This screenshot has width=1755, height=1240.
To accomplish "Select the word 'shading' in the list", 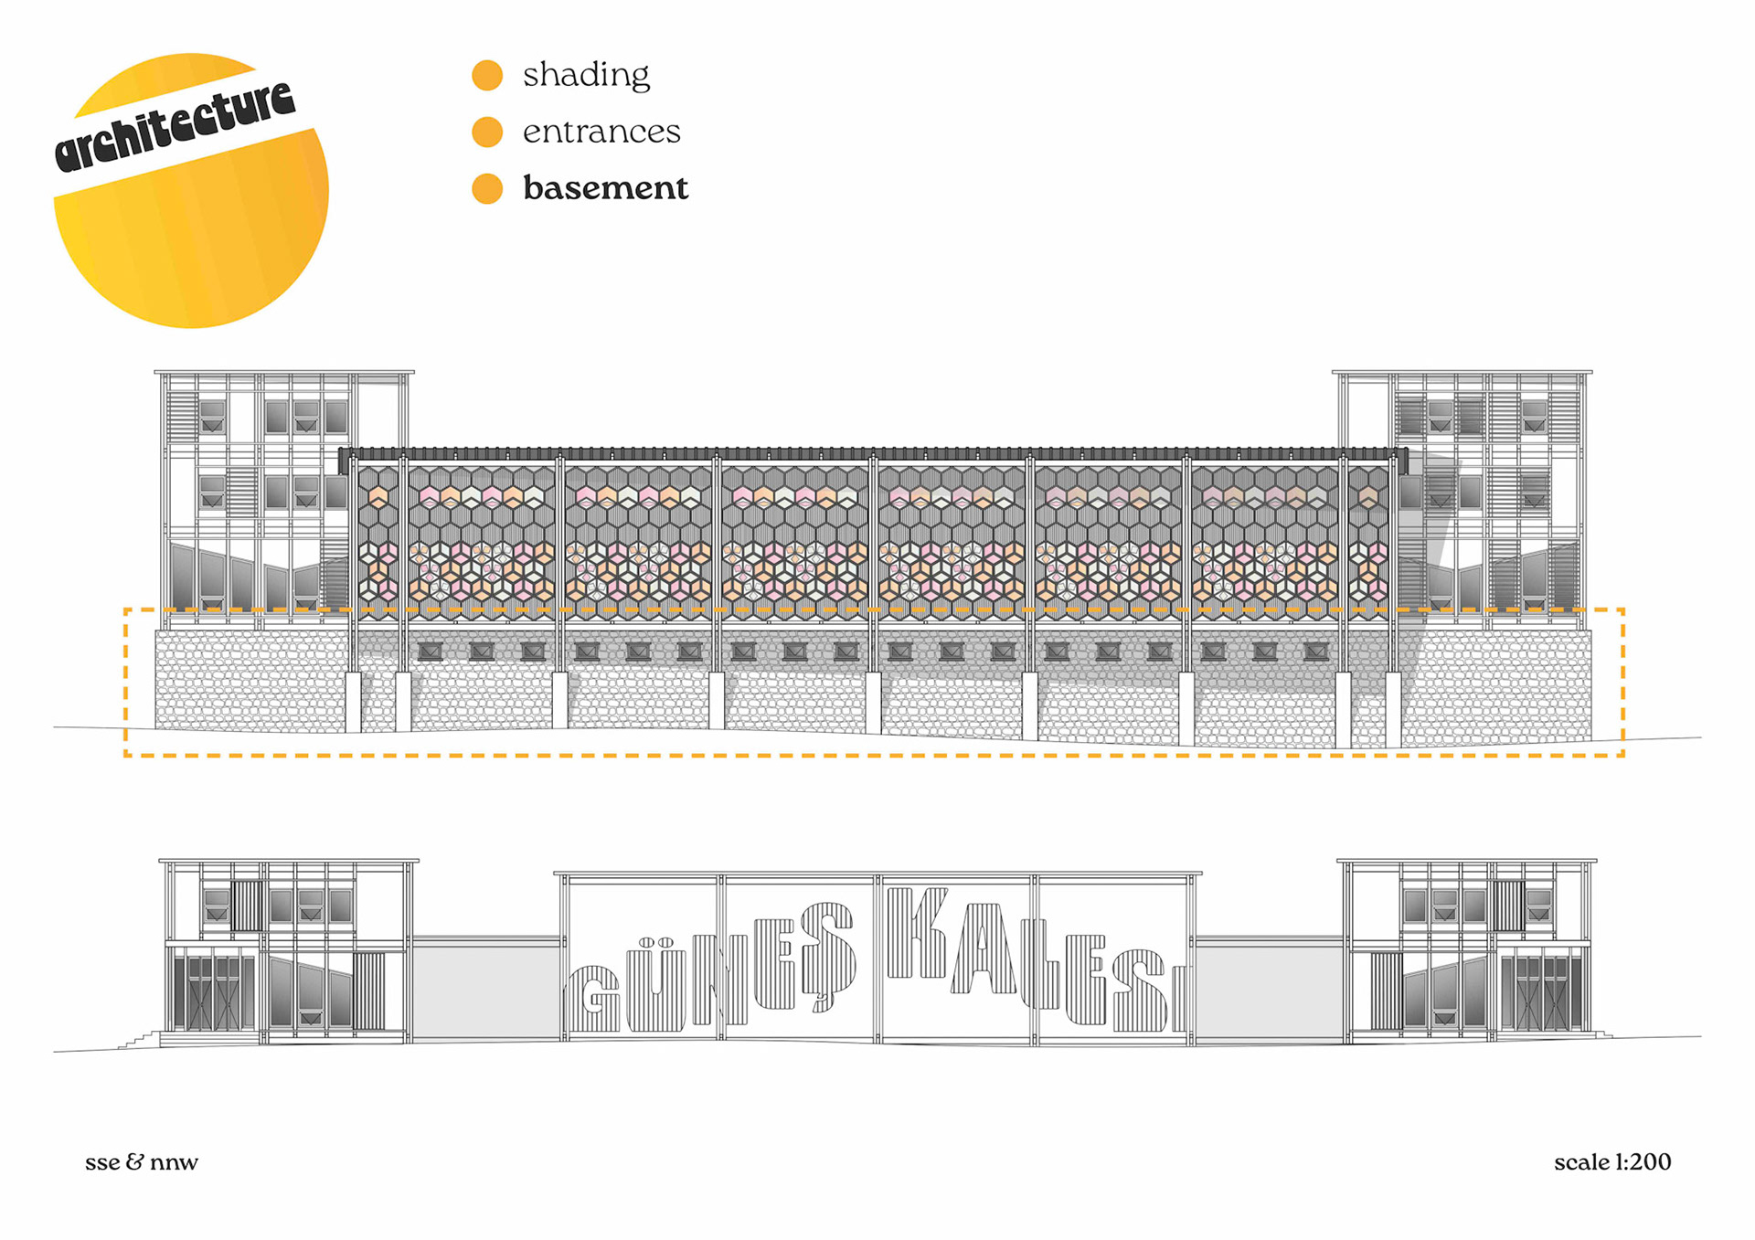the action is click(586, 75).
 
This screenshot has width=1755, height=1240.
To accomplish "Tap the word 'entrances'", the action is click(601, 132).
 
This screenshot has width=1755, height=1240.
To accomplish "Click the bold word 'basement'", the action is click(605, 188).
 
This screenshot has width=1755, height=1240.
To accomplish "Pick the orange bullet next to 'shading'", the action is click(487, 75).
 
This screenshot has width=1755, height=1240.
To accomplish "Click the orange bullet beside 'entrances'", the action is click(487, 132).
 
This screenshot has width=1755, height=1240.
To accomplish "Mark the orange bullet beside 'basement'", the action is click(487, 189).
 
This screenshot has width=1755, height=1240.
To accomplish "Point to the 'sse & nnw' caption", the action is click(142, 1162).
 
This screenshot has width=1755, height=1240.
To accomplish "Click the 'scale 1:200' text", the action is click(1612, 1162).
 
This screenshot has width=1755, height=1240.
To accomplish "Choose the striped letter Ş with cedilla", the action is click(828, 955).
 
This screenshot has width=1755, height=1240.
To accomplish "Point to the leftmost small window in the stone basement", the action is click(430, 652).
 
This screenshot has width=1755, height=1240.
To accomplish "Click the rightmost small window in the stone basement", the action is click(1315, 652).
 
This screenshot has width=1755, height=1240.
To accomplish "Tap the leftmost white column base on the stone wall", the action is click(353, 702).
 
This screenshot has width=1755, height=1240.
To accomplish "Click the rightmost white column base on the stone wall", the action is click(1393, 710).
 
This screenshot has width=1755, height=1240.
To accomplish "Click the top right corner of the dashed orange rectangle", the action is click(1622, 609).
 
